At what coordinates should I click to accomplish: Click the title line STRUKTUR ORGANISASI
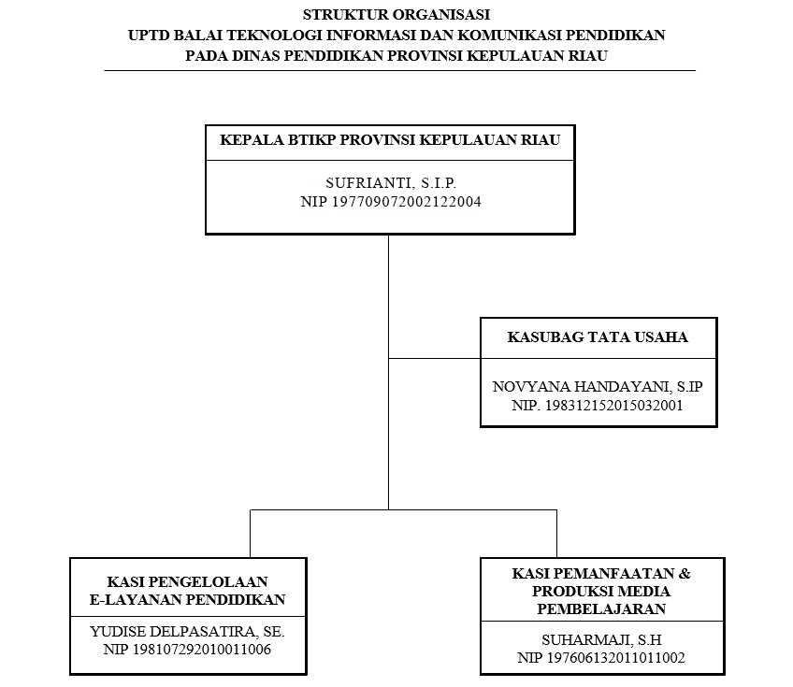coord(396,15)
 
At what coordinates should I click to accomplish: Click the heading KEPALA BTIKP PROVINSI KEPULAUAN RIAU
coord(390,141)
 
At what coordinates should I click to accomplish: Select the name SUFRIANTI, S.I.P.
coord(391,184)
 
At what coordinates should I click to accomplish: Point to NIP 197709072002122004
coord(391,201)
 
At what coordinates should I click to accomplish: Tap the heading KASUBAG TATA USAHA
coord(598,336)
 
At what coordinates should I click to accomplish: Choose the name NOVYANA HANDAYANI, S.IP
coord(598,386)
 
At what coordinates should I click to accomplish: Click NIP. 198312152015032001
coord(598,406)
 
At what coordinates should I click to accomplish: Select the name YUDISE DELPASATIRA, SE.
coord(187,632)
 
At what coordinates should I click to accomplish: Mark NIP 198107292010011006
coord(187,650)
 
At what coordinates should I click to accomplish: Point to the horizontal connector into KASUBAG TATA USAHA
coord(434,357)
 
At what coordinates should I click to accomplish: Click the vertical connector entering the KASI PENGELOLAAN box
coord(250,534)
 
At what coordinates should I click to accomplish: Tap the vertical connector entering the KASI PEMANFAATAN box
coord(557,534)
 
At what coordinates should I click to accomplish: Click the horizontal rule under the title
coord(399,70)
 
